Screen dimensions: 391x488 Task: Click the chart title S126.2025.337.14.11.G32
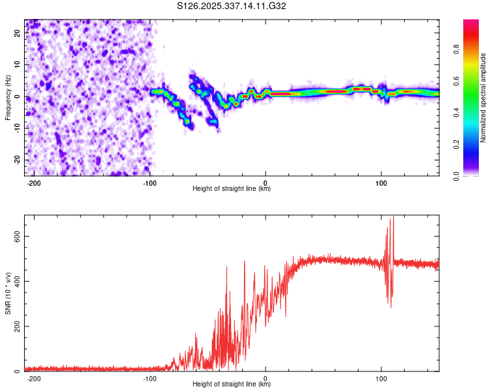point(232,7)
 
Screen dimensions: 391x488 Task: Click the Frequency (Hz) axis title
point(8,97)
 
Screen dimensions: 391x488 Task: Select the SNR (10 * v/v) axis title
point(8,293)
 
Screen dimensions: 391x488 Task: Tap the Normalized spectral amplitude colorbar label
point(483,97)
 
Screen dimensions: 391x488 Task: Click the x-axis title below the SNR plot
point(232,384)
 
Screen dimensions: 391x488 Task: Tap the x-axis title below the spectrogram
point(232,189)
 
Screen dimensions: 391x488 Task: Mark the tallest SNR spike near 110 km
point(392,218)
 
